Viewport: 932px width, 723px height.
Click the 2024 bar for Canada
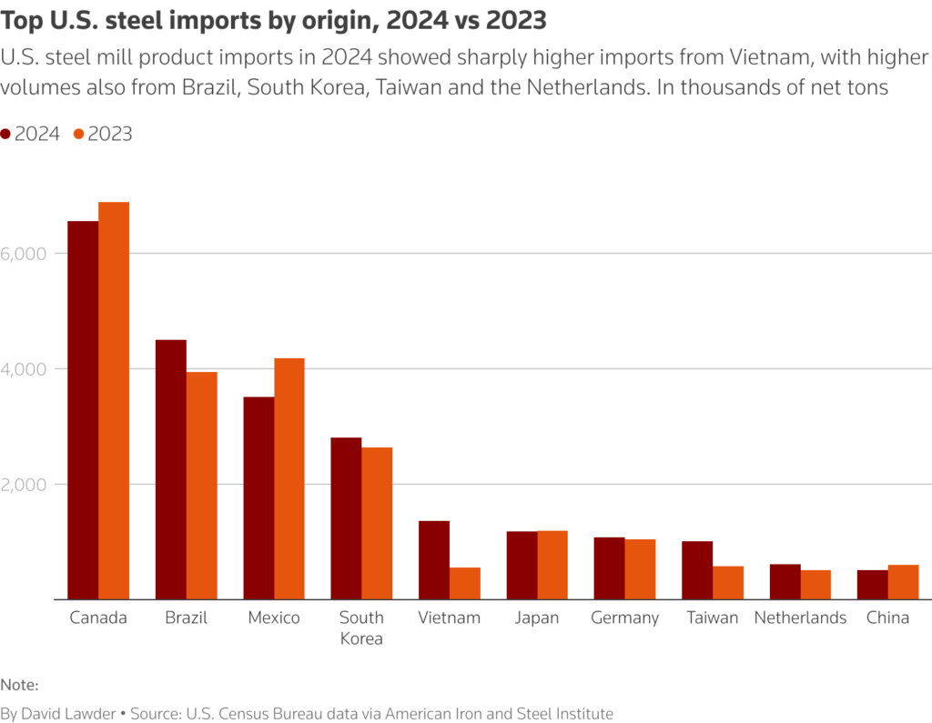click(83, 409)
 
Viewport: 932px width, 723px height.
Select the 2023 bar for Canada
click(114, 400)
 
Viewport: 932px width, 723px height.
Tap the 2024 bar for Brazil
click(171, 469)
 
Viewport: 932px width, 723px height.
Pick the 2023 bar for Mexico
click(289, 478)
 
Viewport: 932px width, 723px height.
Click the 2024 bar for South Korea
click(346, 518)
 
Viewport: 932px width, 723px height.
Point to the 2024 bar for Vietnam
click(434, 559)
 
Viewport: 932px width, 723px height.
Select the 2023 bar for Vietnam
click(465, 583)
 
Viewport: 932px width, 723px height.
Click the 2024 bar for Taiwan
click(698, 570)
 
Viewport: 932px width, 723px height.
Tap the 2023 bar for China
click(904, 582)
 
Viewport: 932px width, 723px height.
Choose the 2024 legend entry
click(31, 134)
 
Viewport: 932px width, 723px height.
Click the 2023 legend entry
click(103, 134)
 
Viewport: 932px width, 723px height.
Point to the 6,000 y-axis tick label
click(24, 254)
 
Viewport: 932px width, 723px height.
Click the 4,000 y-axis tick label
click(24, 369)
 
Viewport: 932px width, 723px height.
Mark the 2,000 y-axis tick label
click(24, 485)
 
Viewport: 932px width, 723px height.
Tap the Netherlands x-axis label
click(800, 618)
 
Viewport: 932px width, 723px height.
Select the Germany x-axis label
click(624, 618)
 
